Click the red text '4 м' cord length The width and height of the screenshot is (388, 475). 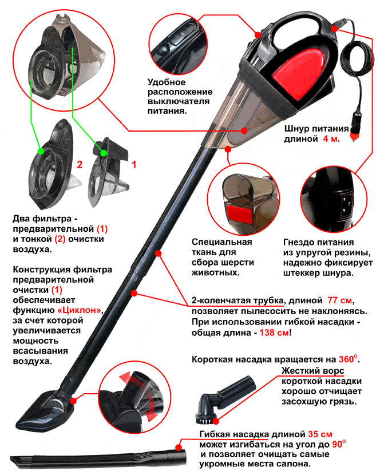pos(330,139)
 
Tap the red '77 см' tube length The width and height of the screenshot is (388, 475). pos(339,300)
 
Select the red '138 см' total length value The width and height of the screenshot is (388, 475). pos(274,332)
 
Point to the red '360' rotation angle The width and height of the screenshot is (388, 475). pos(346,359)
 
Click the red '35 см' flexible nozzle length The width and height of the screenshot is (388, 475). pos(320,434)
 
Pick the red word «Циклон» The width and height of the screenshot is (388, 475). pos(79,311)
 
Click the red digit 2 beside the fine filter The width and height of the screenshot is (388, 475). pos(80,164)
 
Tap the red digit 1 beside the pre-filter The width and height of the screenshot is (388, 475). pos(134,164)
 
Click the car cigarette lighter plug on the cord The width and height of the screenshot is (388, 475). pos(355,126)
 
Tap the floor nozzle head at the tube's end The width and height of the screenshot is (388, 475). pos(45,410)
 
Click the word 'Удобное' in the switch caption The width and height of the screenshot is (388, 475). pos(167,82)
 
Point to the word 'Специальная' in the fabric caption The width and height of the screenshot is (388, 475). pos(221,242)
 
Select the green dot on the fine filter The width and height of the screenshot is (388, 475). pos(41,151)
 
